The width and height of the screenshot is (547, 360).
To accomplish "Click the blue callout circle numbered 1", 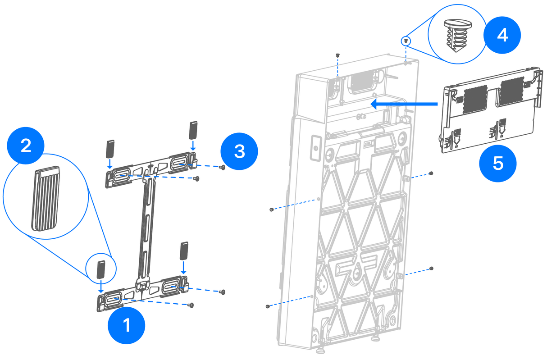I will point(127,325).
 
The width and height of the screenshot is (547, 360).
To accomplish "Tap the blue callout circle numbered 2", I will point(26,146).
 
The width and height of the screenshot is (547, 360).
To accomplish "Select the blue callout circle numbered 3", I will point(239,151).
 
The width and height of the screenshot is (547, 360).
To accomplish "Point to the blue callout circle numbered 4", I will point(502,35).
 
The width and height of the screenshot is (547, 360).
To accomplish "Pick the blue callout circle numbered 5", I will point(497,163).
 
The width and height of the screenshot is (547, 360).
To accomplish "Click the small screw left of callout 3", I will point(222,167).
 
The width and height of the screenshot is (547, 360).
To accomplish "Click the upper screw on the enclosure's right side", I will point(431,173).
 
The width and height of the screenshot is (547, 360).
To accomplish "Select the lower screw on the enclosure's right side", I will point(432,268).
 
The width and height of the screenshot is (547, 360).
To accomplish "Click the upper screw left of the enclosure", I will point(271,210).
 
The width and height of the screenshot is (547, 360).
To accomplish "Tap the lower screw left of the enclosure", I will point(268,306).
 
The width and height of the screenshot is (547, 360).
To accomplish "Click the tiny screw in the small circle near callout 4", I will point(406,41).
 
